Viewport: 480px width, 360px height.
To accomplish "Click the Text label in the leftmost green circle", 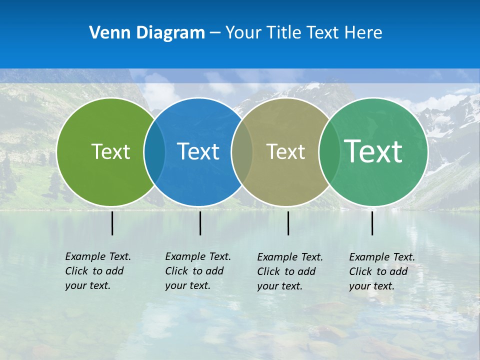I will tap(110, 151).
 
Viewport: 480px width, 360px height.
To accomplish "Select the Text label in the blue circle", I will tap(198, 151).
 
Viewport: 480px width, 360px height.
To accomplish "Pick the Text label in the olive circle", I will tap(285, 151).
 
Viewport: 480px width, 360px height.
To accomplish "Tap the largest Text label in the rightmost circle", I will tap(373, 151).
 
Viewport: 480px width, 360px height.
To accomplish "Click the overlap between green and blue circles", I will tap(154, 151).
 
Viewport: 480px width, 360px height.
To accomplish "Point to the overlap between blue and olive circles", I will tap(242, 151).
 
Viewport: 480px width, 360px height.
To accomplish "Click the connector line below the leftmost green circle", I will tap(112, 223).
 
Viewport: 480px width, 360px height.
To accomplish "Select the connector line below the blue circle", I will tap(200, 223).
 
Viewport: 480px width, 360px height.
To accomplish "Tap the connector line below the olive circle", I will tap(288, 223).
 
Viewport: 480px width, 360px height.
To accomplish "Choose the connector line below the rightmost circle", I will tap(372, 223).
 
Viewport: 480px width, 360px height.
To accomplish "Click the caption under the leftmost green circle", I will tap(97, 271).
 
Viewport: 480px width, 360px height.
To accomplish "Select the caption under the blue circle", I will tap(197, 271).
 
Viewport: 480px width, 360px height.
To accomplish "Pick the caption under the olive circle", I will tap(289, 271).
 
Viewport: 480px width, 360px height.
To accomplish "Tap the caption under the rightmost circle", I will tap(381, 271).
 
